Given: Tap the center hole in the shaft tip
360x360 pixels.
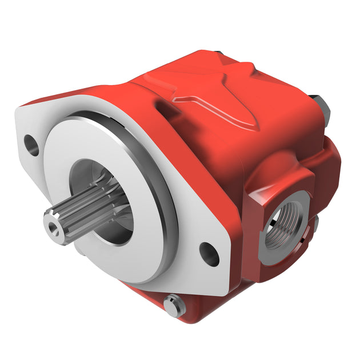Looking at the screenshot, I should coord(53,227).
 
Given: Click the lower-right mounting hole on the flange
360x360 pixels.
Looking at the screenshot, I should coord(209,253).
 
